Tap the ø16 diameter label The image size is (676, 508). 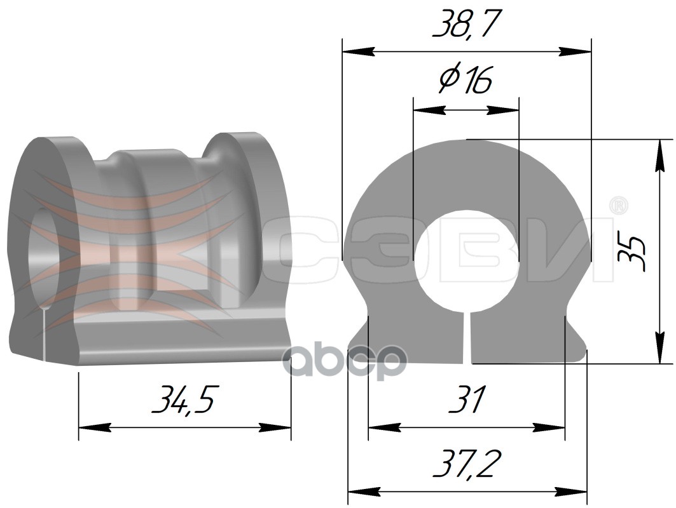coord(465,81)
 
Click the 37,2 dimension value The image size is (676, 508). coord(467,463)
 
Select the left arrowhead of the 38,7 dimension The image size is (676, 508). coord(358,51)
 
